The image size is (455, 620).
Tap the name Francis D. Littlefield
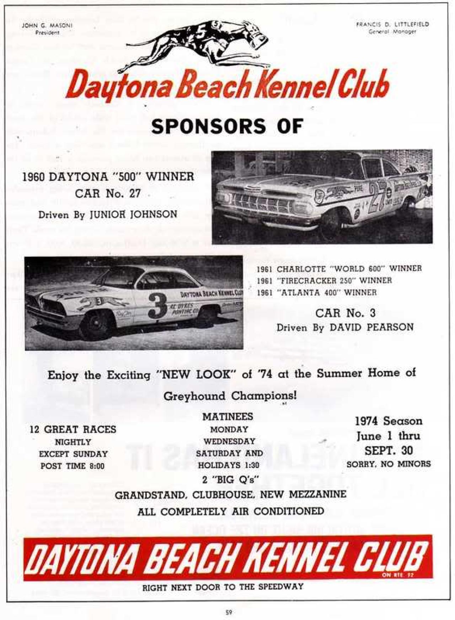[392, 25]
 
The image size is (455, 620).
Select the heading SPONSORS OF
[227, 126]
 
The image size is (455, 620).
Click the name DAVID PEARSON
[371, 327]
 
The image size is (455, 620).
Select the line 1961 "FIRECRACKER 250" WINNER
[324, 281]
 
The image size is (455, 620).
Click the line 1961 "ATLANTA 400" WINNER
[317, 293]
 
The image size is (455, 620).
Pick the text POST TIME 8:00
[73, 466]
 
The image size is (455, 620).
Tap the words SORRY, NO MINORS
[389, 464]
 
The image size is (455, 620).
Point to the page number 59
[229, 612]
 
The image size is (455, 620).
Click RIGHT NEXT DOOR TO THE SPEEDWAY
[223, 587]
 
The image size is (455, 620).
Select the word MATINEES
[228, 416]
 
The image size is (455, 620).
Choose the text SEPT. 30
[389, 451]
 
